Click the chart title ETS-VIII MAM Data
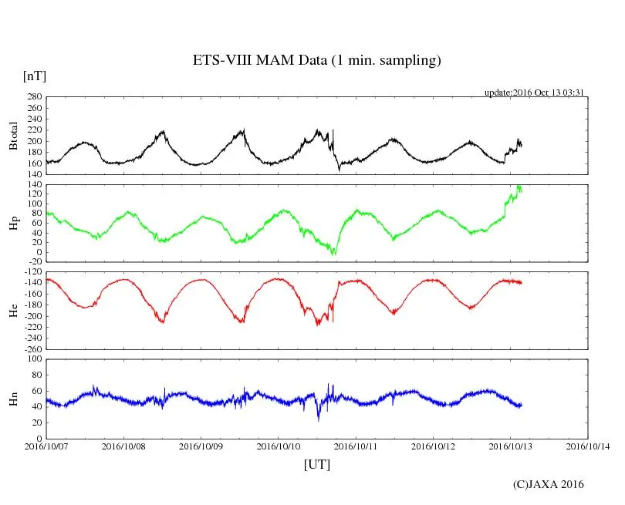pos(316,61)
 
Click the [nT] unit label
pos(35,76)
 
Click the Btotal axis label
pos(13,136)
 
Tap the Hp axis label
pos(13,224)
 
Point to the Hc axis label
pos(13,311)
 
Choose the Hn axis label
pos(13,399)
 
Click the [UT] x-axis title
pos(317,464)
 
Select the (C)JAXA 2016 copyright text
pos(549,484)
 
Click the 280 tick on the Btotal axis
pos(34,97)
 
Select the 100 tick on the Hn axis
pos(34,359)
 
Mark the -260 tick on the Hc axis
pos(31,348)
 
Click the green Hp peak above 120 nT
pos(519,187)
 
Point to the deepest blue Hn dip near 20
pos(319,419)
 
